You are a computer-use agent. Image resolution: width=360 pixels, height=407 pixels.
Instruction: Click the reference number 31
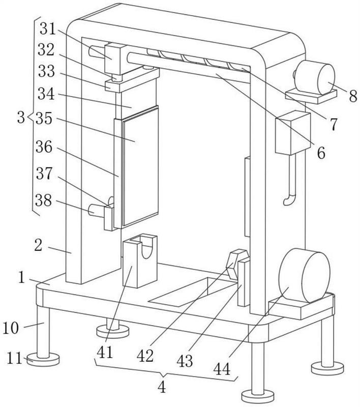tap(48, 28)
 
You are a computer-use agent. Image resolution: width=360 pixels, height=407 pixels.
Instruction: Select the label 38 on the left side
tap(44, 200)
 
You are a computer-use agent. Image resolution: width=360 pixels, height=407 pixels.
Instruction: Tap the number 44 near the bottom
tap(222, 369)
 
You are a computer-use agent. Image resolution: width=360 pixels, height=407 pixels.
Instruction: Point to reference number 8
tap(353, 96)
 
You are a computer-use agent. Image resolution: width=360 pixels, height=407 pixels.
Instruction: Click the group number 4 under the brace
tap(162, 387)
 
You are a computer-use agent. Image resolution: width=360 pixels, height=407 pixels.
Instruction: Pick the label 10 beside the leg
tap(11, 328)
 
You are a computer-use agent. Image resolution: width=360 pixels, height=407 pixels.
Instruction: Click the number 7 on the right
tap(334, 124)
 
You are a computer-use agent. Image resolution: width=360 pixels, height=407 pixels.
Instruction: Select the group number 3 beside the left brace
tap(21, 118)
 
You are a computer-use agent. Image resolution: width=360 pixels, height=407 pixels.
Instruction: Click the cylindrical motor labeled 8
tap(315, 79)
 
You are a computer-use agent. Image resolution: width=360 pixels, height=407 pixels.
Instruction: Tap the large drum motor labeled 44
tap(305, 275)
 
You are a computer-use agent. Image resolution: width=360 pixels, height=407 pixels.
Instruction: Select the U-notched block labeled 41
tap(140, 260)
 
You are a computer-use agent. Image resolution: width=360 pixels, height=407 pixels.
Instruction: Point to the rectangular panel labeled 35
tap(140, 166)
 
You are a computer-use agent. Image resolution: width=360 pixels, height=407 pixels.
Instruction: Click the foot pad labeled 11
tap(43, 360)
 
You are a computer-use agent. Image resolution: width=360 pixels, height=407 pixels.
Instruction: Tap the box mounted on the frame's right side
tap(292, 133)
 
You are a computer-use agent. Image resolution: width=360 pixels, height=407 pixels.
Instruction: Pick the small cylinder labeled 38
tap(96, 210)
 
